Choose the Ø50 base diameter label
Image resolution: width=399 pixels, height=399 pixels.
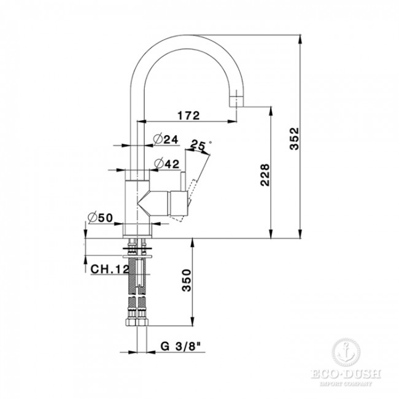[101, 217]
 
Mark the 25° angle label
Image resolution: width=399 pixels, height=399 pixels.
[199, 145]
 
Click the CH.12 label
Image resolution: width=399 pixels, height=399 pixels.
[110, 268]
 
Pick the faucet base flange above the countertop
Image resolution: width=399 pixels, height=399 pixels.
[138, 231]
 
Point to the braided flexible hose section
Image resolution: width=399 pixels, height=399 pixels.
[138, 285]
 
